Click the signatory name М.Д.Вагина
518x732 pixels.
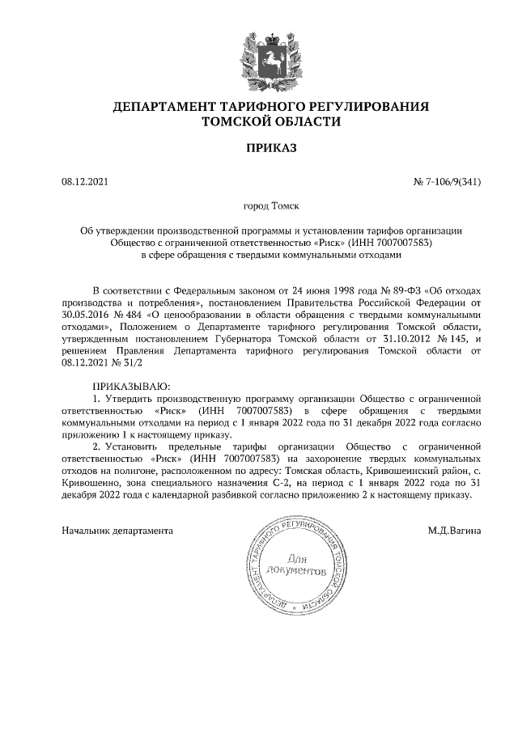(455, 531)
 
